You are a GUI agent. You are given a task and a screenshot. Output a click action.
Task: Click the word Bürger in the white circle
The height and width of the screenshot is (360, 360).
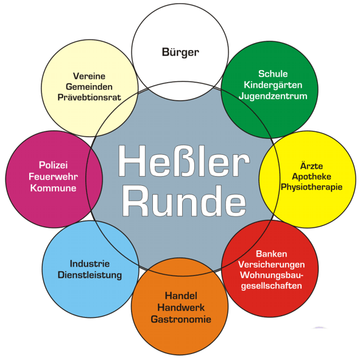tap(180, 52)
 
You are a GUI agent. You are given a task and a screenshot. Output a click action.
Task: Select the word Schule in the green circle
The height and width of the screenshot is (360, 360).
tap(273, 74)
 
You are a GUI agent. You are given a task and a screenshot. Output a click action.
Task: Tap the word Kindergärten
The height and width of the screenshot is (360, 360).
tap(273, 85)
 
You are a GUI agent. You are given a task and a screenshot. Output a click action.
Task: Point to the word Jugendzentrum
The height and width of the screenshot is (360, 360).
tap(273, 96)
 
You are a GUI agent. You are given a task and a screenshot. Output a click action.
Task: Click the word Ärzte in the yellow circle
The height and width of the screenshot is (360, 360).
tap(311, 165)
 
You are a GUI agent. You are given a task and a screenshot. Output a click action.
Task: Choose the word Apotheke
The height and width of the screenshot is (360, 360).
tap(311, 177)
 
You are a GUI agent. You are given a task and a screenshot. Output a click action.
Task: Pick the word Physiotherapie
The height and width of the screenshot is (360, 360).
tap(311, 187)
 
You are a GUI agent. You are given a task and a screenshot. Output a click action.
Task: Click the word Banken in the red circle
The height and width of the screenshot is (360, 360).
tap(272, 254)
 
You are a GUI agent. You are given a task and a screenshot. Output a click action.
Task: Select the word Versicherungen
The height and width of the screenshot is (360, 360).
tap(272, 265)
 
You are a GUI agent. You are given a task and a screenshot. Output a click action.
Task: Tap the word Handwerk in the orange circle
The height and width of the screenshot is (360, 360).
tap(181, 308)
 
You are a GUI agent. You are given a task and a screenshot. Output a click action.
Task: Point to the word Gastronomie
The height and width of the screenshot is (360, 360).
tap(181, 319)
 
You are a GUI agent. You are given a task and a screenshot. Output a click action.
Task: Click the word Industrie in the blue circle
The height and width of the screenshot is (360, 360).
tap(90, 264)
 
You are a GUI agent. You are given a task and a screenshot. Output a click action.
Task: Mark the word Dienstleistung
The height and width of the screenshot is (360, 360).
tap(90, 275)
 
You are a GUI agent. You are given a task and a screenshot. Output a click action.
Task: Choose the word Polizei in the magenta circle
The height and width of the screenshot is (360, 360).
tap(53, 165)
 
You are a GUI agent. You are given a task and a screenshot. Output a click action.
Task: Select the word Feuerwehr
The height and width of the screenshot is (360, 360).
tap(53, 177)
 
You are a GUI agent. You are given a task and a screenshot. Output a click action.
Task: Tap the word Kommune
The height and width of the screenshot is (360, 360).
tap(53, 188)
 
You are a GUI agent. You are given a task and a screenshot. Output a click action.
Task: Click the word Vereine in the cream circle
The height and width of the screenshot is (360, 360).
tap(90, 76)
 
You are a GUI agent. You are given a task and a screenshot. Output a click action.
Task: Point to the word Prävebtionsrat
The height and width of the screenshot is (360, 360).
tap(90, 97)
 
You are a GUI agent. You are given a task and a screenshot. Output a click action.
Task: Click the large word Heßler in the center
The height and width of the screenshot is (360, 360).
tap(184, 161)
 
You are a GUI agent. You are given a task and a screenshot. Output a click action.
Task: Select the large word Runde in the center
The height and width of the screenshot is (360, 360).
tap(184, 201)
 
